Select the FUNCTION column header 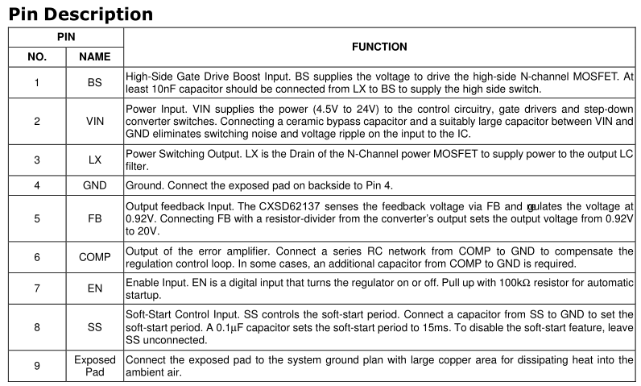[x=378, y=48]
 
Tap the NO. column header [x=37, y=57]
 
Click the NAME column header [x=95, y=57]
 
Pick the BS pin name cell [x=95, y=83]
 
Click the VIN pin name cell [x=95, y=122]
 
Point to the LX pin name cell [x=95, y=160]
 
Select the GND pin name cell [x=95, y=185]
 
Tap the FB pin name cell [x=95, y=218]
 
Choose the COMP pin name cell [x=95, y=257]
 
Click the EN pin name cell [x=95, y=288]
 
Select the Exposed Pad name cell [x=95, y=365]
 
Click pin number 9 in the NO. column [x=37, y=365]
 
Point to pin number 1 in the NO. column [x=37, y=83]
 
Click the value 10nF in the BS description [x=161, y=89]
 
